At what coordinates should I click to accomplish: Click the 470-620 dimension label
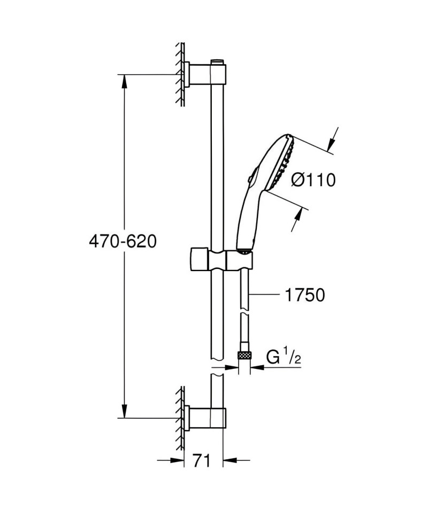tap(123, 241)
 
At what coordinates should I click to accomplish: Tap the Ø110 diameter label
tap(313, 180)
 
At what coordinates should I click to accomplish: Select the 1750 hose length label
tap(304, 295)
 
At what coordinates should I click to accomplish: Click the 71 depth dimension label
tap(201, 460)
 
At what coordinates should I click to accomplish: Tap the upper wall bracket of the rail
tap(205, 74)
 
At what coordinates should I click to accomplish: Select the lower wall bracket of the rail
tap(205, 418)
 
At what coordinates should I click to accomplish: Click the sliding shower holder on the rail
tap(221, 259)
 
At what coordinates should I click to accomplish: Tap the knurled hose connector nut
tap(244, 355)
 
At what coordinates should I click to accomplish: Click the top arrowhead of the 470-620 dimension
tap(124, 81)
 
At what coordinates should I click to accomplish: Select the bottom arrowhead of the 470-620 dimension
tap(124, 411)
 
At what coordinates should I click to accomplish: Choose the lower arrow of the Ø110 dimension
tap(296, 220)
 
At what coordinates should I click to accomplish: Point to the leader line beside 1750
tap(265, 295)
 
